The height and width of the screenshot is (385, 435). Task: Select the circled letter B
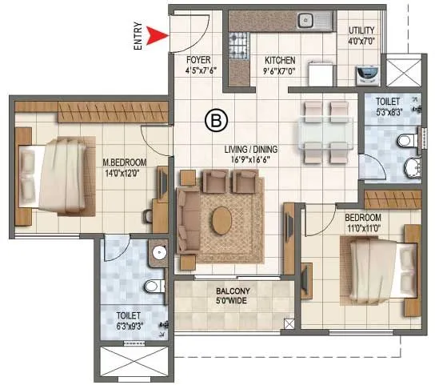tap(214, 121)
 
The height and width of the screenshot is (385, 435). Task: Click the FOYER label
tap(198, 60)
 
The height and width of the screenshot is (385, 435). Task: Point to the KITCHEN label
tap(280, 60)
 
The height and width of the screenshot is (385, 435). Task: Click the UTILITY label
tap(361, 31)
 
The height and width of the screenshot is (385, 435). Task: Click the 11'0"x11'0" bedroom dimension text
tap(362, 228)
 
